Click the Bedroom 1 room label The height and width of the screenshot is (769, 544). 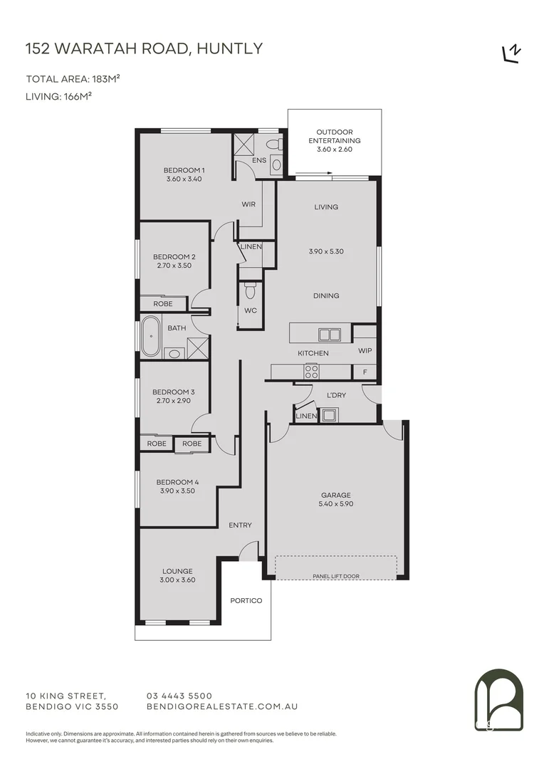184,170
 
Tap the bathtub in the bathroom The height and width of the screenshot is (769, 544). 151,337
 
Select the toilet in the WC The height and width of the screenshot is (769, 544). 249,291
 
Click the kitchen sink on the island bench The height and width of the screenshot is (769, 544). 330,334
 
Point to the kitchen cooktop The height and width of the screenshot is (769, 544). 312,371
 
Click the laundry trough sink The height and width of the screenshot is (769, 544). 330,414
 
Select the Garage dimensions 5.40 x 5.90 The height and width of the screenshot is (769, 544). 336,504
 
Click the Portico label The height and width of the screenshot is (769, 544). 246,601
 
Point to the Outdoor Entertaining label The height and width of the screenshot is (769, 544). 334,140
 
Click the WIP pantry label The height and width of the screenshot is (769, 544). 365,350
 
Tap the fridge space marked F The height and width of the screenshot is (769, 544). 365,372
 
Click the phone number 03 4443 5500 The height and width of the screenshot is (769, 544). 179,696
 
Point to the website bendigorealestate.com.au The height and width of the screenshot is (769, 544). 221,706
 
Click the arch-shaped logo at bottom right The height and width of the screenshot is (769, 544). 498,701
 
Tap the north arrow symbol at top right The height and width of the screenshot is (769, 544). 511,53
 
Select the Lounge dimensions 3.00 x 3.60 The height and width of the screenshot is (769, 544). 177,580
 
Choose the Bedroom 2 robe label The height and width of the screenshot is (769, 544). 163,303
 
